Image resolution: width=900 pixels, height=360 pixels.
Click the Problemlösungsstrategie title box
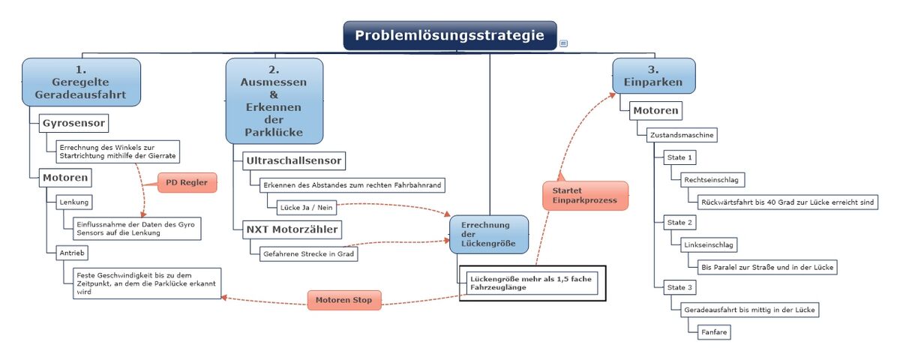(x=450, y=35)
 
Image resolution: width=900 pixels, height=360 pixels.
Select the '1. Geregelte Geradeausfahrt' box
(x=81, y=82)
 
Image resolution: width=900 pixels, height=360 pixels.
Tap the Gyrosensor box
(x=73, y=122)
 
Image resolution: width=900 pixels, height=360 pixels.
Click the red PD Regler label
(x=187, y=182)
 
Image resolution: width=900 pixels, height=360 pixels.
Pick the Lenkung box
(x=74, y=202)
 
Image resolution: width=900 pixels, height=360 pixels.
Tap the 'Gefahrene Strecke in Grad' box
(x=307, y=253)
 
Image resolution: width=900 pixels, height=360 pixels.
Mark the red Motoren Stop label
(x=344, y=300)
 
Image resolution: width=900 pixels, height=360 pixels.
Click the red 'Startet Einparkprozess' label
(x=585, y=195)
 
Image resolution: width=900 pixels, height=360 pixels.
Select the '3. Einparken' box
(x=653, y=75)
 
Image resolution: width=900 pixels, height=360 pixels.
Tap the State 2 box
(x=679, y=223)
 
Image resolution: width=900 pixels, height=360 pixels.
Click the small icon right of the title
(x=563, y=43)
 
